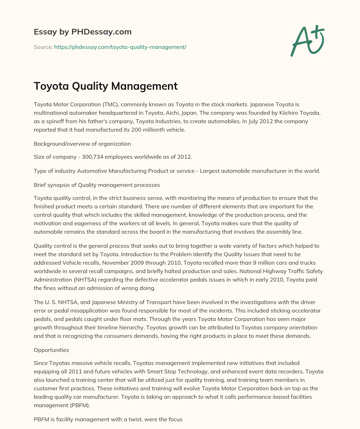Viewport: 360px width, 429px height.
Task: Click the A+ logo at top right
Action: [307, 40]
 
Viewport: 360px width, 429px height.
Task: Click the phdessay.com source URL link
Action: [120, 47]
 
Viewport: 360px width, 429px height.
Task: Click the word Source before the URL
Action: [43, 47]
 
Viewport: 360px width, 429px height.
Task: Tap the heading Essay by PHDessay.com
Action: [83, 32]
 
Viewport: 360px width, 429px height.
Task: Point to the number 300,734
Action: [94, 157]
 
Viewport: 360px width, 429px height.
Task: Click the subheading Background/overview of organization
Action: [82, 144]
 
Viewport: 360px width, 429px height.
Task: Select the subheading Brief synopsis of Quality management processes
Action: [97, 185]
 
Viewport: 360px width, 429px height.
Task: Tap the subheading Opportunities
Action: [51, 350]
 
